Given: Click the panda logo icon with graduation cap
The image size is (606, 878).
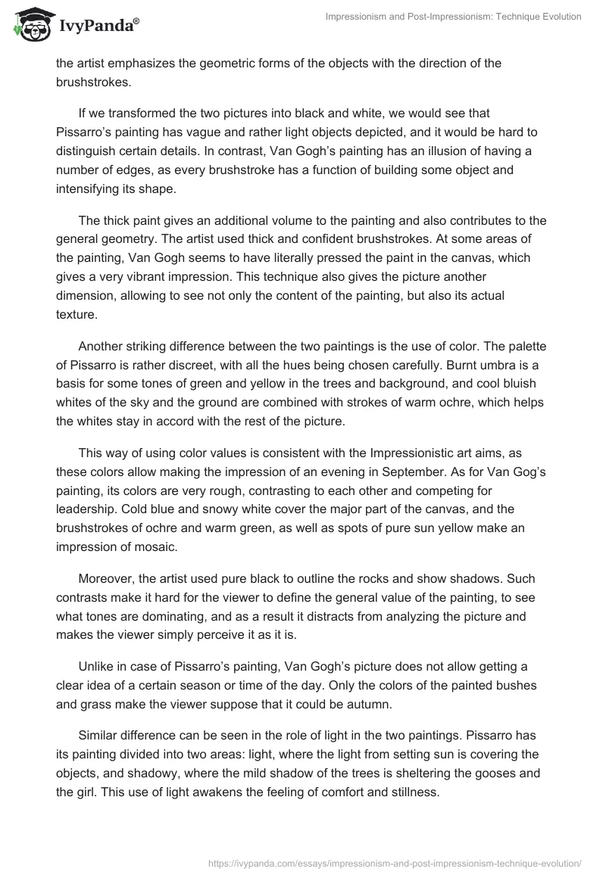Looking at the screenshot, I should pos(29,24).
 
